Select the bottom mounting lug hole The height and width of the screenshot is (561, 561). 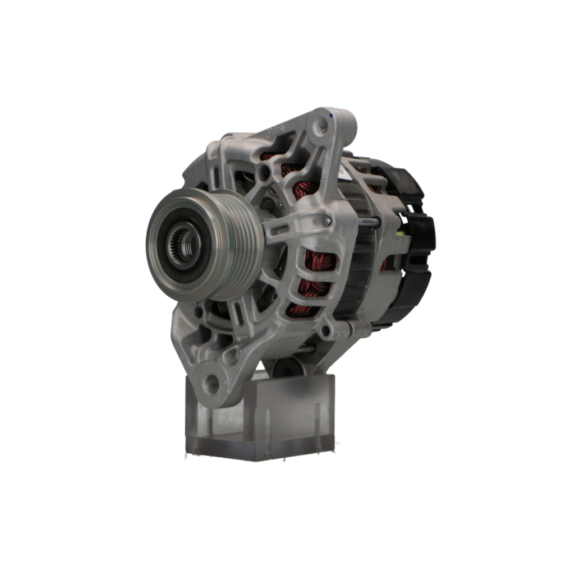pyautogui.click(x=212, y=384)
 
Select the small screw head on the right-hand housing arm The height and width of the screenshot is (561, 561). pyautogui.click(x=327, y=222)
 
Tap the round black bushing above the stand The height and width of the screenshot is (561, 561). pyautogui.click(x=289, y=367)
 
